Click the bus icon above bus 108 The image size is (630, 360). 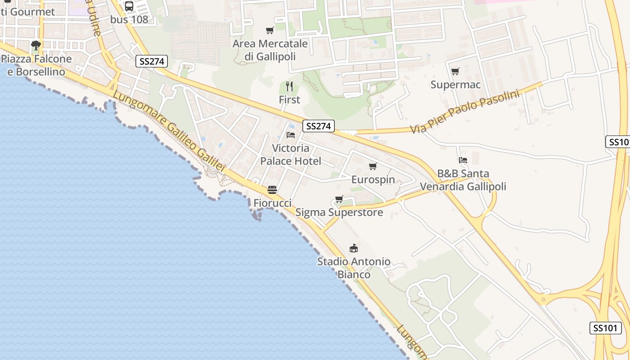(x=129, y=6)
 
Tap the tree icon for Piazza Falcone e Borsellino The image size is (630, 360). (x=36, y=45)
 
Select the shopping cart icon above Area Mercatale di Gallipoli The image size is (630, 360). (x=270, y=30)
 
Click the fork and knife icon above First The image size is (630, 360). (x=289, y=86)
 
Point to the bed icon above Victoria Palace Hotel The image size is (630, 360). (x=291, y=135)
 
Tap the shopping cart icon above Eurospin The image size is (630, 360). (x=373, y=166)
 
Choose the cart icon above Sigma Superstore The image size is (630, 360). (x=339, y=199)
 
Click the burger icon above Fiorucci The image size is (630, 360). (x=272, y=189)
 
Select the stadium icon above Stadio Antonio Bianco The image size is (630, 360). (x=354, y=248)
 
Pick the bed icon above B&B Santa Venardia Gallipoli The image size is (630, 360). (x=463, y=160)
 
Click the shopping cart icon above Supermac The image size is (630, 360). (x=455, y=71)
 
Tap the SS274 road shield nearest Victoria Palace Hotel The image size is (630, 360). (x=318, y=126)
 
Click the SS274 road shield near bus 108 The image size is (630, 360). (x=152, y=61)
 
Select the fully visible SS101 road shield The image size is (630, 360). (x=605, y=328)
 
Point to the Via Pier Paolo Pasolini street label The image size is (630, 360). (x=464, y=112)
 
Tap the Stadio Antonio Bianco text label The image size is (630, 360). (x=354, y=268)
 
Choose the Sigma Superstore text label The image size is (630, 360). (x=339, y=212)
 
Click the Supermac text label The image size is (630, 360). (x=455, y=85)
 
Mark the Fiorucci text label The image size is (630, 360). (x=272, y=203)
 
